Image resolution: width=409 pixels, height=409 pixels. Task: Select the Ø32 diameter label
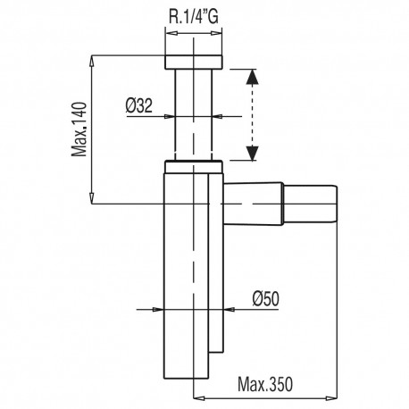[x=140, y=104]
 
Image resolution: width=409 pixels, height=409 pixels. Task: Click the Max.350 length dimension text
[x=265, y=386]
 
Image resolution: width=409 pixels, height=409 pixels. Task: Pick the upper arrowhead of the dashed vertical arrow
[x=253, y=78]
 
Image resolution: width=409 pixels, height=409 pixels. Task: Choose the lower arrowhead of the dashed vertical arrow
[x=253, y=154]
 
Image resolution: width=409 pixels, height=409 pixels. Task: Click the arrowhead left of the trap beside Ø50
[x=159, y=310]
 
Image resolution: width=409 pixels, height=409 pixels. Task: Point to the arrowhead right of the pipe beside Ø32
[x=221, y=115]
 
